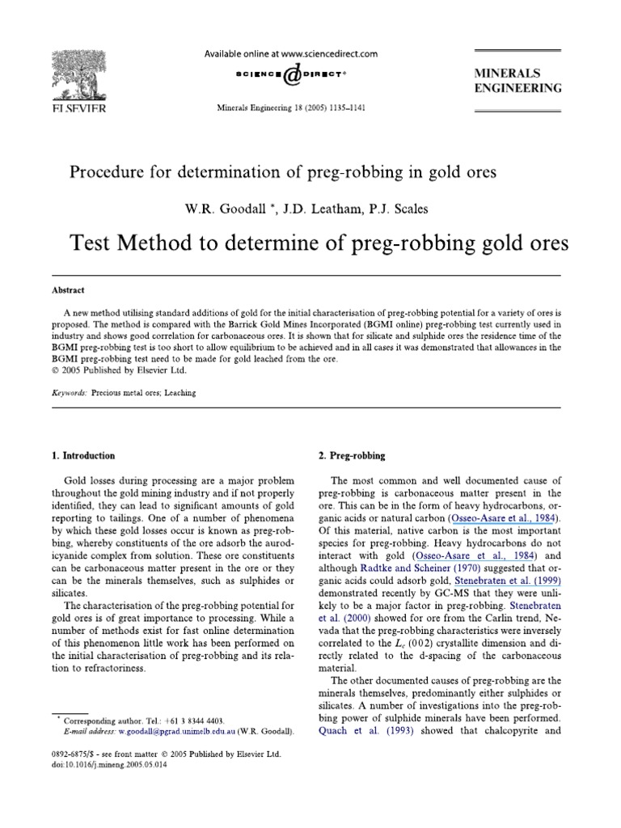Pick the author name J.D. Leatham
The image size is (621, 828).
(x=310, y=209)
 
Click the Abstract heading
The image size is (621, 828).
(x=67, y=290)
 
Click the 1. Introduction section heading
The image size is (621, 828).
(x=82, y=456)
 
